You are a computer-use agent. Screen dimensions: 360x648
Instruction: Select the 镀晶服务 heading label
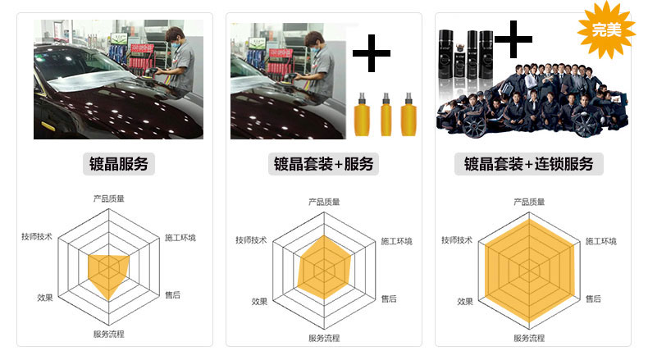click(119, 163)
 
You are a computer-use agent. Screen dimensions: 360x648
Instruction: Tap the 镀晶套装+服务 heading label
click(324, 163)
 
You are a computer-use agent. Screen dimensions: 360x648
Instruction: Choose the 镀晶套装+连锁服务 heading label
click(529, 163)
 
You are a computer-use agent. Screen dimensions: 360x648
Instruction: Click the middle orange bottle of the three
click(385, 115)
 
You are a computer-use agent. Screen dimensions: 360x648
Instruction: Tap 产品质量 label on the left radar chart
click(108, 198)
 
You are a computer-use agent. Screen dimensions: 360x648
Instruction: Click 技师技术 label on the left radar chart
click(37, 237)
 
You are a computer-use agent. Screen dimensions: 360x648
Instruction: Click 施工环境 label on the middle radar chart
click(396, 241)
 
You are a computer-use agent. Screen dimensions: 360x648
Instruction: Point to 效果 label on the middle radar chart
click(259, 301)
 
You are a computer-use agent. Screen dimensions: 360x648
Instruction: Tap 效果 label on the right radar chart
click(465, 301)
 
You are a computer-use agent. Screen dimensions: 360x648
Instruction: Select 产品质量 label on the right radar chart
click(529, 202)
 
